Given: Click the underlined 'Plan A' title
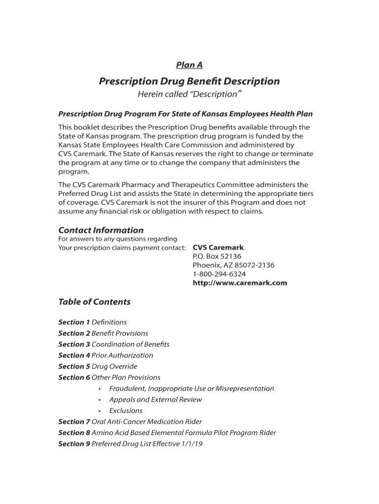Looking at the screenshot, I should pos(189,65).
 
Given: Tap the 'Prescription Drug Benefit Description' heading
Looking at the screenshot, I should pos(189,81).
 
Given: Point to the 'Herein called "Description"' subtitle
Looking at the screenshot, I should pos(189,94).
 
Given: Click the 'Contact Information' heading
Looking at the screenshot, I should pos(101,230).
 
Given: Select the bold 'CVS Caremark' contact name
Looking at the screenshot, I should pos(218,248).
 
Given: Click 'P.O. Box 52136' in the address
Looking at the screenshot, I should pos(217,256).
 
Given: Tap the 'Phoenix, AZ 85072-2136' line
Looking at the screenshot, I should pos(233,265).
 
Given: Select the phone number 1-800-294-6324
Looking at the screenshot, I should pos(219,274).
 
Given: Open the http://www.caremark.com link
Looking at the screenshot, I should pos(240,283).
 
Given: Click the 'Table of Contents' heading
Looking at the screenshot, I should pos(95,302).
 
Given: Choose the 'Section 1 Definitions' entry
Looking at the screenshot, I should pos(93,322).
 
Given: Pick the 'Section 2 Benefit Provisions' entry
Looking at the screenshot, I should pos(103,333).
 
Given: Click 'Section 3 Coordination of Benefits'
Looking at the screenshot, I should pos(114,345).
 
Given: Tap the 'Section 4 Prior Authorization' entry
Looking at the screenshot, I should pos(106,355).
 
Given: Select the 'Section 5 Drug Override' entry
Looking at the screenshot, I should pos(97,366).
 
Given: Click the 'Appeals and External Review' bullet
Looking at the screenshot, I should pos(156,400).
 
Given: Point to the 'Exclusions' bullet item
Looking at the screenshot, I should pos(126,410).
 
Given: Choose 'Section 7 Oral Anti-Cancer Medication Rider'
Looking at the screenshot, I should pos(130,422).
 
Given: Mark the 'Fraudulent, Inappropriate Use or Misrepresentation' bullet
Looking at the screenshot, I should pos(191,388).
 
